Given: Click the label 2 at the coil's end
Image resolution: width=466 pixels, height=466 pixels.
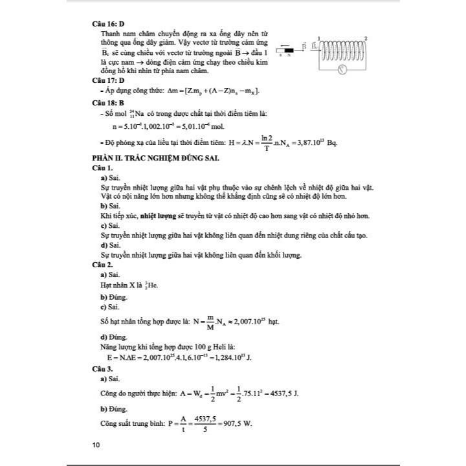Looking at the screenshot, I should click(366, 39).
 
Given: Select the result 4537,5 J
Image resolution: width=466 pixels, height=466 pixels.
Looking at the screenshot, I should click(283, 392).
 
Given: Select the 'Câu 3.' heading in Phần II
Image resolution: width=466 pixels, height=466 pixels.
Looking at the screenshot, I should click(104, 367).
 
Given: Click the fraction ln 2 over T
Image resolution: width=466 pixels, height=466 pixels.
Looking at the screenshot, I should click(265, 142).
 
